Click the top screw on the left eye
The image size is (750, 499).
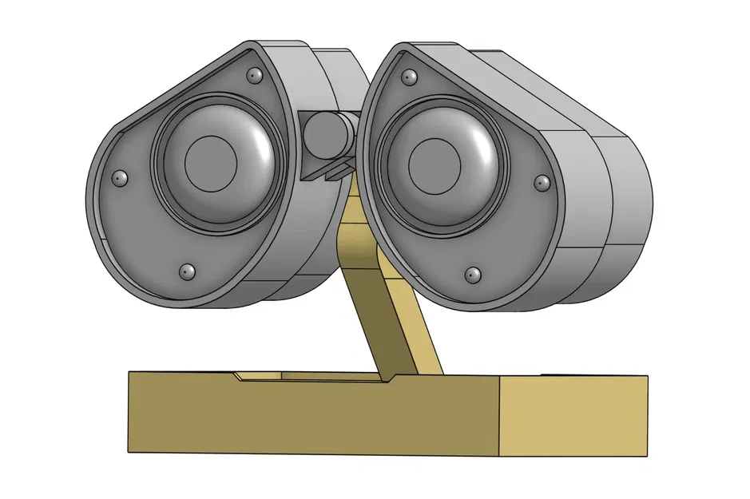[x=255, y=75]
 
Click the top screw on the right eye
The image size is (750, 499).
[x=410, y=77]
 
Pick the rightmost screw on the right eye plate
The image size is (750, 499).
[x=542, y=184]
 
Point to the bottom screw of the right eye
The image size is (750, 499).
[x=473, y=275]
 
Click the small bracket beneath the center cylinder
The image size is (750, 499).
[x=329, y=169]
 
